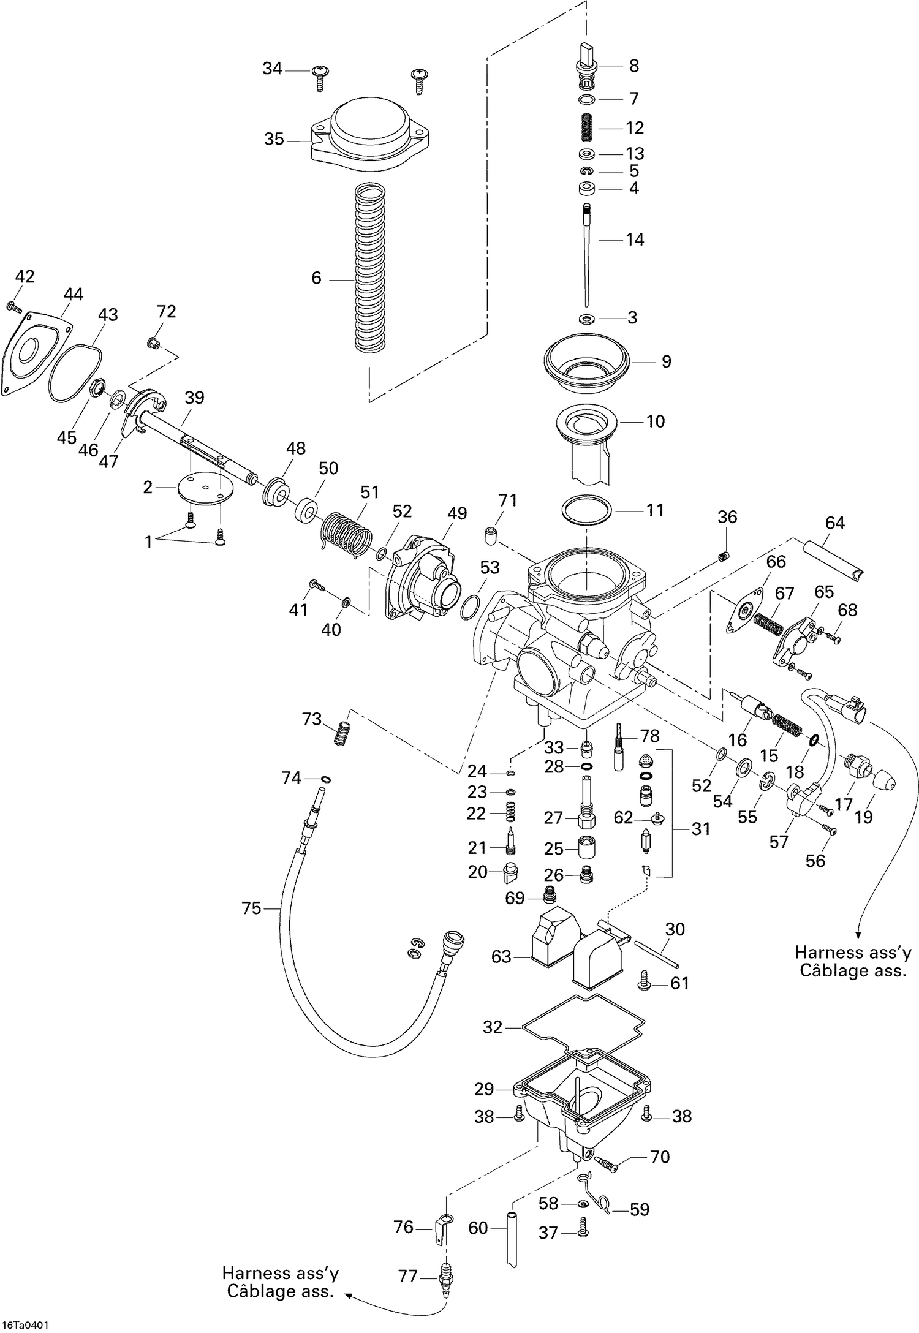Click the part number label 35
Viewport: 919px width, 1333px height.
pyautogui.click(x=274, y=140)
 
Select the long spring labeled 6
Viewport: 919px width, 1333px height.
pyautogui.click(x=371, y=270)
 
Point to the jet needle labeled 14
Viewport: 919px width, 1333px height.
pyautogui.click(x=586, y=257)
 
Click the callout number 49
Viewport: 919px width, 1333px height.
pyautogui.click(x=457, y=513)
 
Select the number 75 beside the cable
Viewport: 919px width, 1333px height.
pyautogui.click(x=251, y=908)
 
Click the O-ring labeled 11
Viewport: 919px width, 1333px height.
pyautogui.click(x=587, y=510)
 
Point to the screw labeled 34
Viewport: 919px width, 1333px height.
pyautogui.click(x=320, y=76)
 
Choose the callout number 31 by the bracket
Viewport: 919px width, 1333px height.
pyautogui.click(x=701, y=829)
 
